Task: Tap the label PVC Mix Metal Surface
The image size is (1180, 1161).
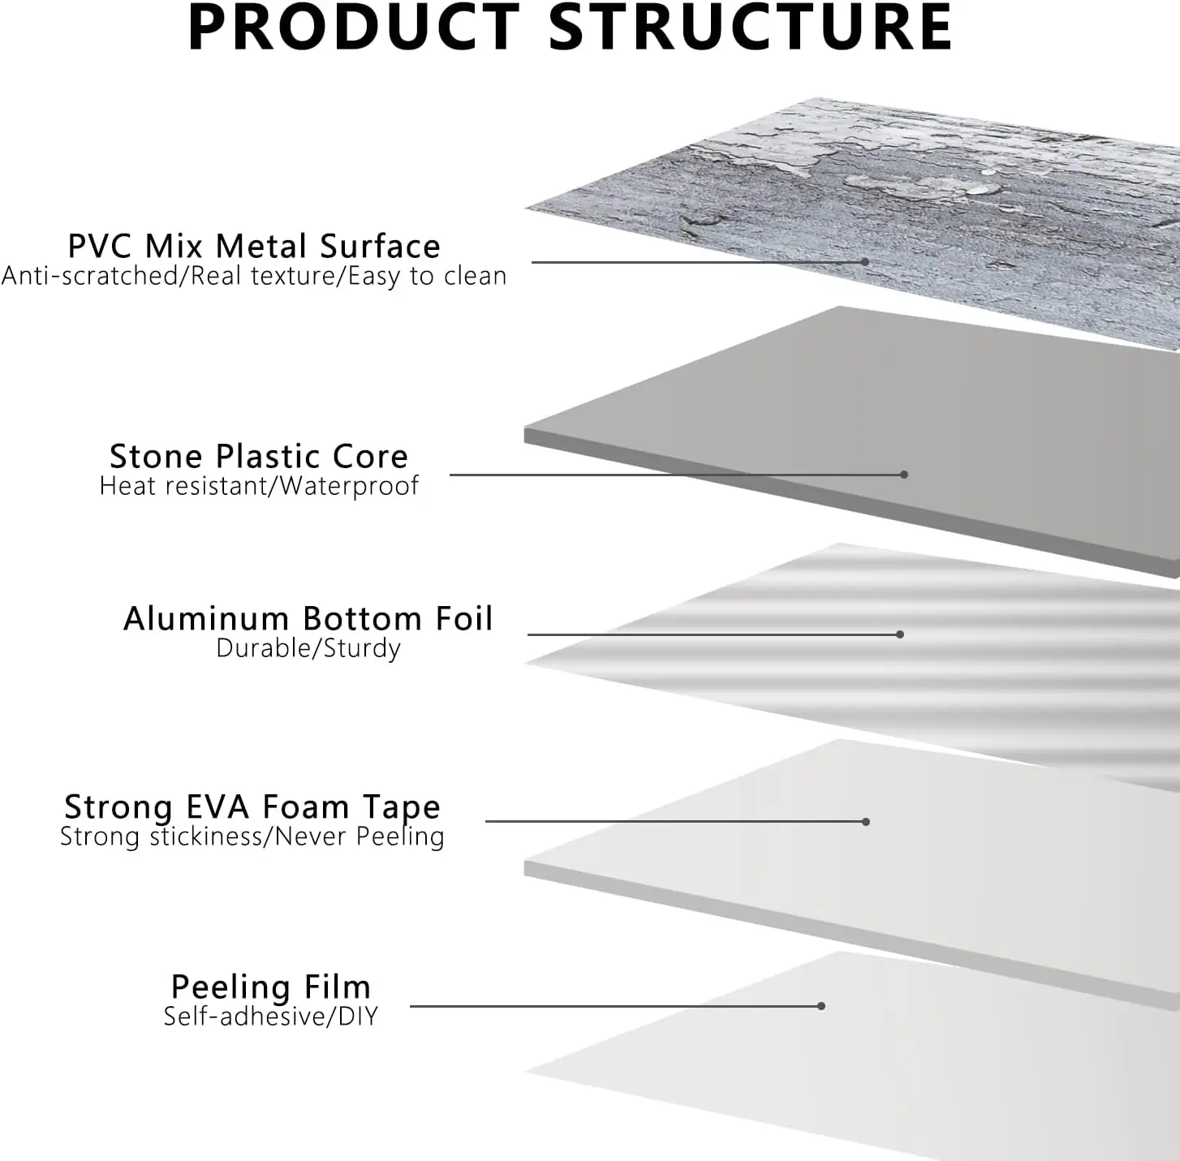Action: click(x=254, y=246)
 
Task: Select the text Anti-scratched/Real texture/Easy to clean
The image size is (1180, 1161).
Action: click(x=254, y=277)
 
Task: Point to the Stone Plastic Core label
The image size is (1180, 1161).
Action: click(x=259, y=457)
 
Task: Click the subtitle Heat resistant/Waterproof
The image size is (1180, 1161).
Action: click(x=259, y=486)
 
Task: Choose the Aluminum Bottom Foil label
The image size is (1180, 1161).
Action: click(x=308, y=619)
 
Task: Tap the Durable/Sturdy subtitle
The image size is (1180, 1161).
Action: click(x=308, y=648)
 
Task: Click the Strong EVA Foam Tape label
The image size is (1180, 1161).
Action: click(x=252, y=807)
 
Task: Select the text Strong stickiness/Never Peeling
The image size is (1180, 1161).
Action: click(x=252, y=836)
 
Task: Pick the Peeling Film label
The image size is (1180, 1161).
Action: click(x=271, y=987)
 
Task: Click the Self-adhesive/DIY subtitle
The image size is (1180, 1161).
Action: click(x=271, y=1017)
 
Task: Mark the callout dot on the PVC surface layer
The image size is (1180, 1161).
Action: click(x=865, y=262)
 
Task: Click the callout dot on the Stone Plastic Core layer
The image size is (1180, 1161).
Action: click(x=904, y=475)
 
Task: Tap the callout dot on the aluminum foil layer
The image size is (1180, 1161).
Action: click(x=900, y=634)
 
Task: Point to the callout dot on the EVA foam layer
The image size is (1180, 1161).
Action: click(x=866, y=822)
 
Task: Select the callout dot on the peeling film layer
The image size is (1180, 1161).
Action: click(x=821, y=1006)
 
